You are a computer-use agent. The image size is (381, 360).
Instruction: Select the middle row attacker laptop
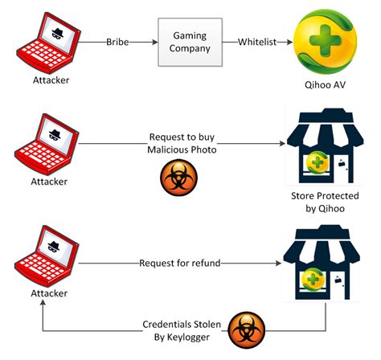tap(46, 142)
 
